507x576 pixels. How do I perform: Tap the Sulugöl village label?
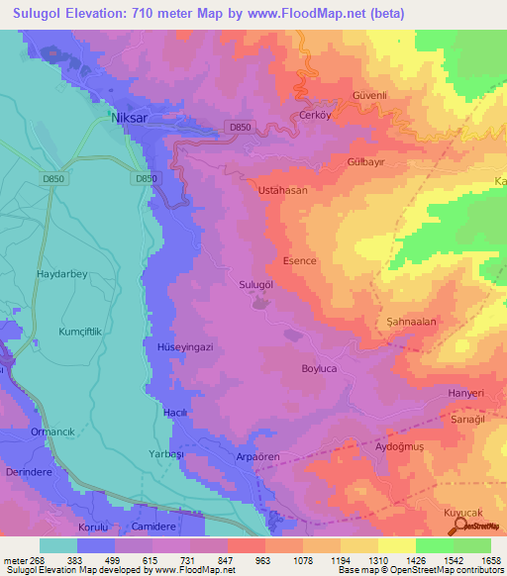pos(256,284)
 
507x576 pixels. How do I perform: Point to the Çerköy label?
pos(314,115)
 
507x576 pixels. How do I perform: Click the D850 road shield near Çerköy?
pos(239,127)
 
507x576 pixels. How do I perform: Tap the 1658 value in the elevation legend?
pos(490,560)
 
